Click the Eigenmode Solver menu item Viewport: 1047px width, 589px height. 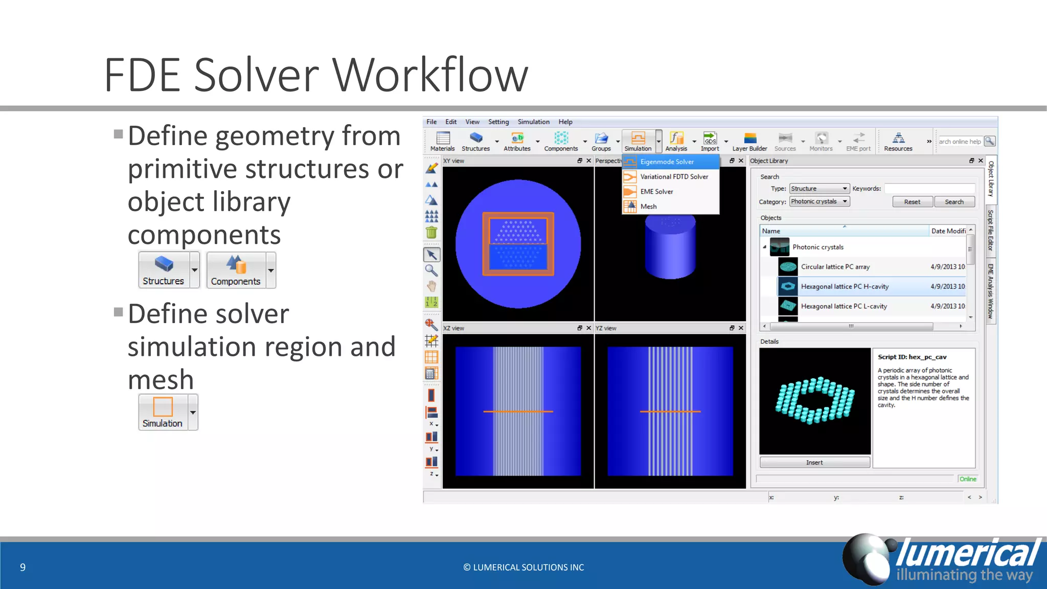click(667, 162)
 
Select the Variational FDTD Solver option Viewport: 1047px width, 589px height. click(674, 176)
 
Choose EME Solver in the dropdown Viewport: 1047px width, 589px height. click(656, 191)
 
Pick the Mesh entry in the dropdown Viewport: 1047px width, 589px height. click(648, 206)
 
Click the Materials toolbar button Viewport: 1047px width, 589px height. click(442, 141)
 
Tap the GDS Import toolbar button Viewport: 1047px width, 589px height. click(710, 141)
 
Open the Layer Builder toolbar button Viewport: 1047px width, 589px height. click(749, 141)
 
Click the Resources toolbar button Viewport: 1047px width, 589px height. click(898, 141)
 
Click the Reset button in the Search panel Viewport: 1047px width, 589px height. click(912, 202)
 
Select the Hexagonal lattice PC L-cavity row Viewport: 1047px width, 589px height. click(844, 306)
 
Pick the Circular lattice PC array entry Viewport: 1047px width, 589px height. click(835, 267)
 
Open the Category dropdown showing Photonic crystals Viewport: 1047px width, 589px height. click(819, 201)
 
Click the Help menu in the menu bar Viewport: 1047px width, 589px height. click(565, 122)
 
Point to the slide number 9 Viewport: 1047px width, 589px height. click(22, 567)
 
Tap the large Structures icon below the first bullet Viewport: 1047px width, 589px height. click(164, 269)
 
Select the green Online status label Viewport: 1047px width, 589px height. click(967, 479)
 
